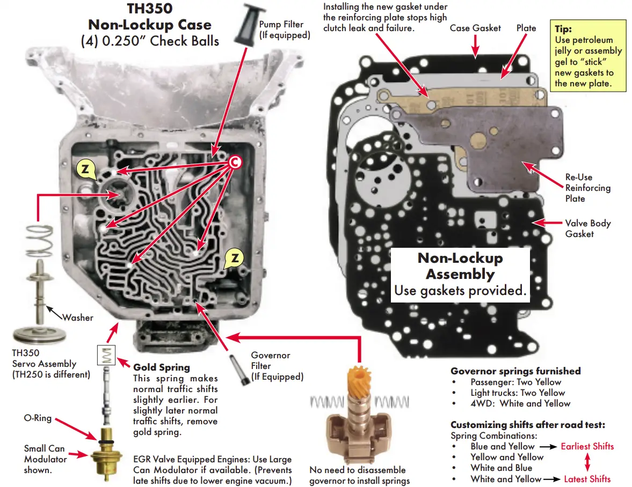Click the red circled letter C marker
pos(234,162)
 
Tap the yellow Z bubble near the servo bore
pos(85,168)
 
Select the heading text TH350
pos(149,9)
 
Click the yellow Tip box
pos(589,55)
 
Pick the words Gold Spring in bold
pos(161,367)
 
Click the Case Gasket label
pos(475,28)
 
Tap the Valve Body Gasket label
pos(587,228)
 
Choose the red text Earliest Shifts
pos(587,446)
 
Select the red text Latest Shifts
pos(587,479)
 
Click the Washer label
pos(77,318)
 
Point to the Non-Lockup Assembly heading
pos(460,266)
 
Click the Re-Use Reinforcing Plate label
pos(587,188)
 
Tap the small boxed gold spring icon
pos(107,355)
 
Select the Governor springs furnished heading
pos(515,371)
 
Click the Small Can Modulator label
pos(45,459)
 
